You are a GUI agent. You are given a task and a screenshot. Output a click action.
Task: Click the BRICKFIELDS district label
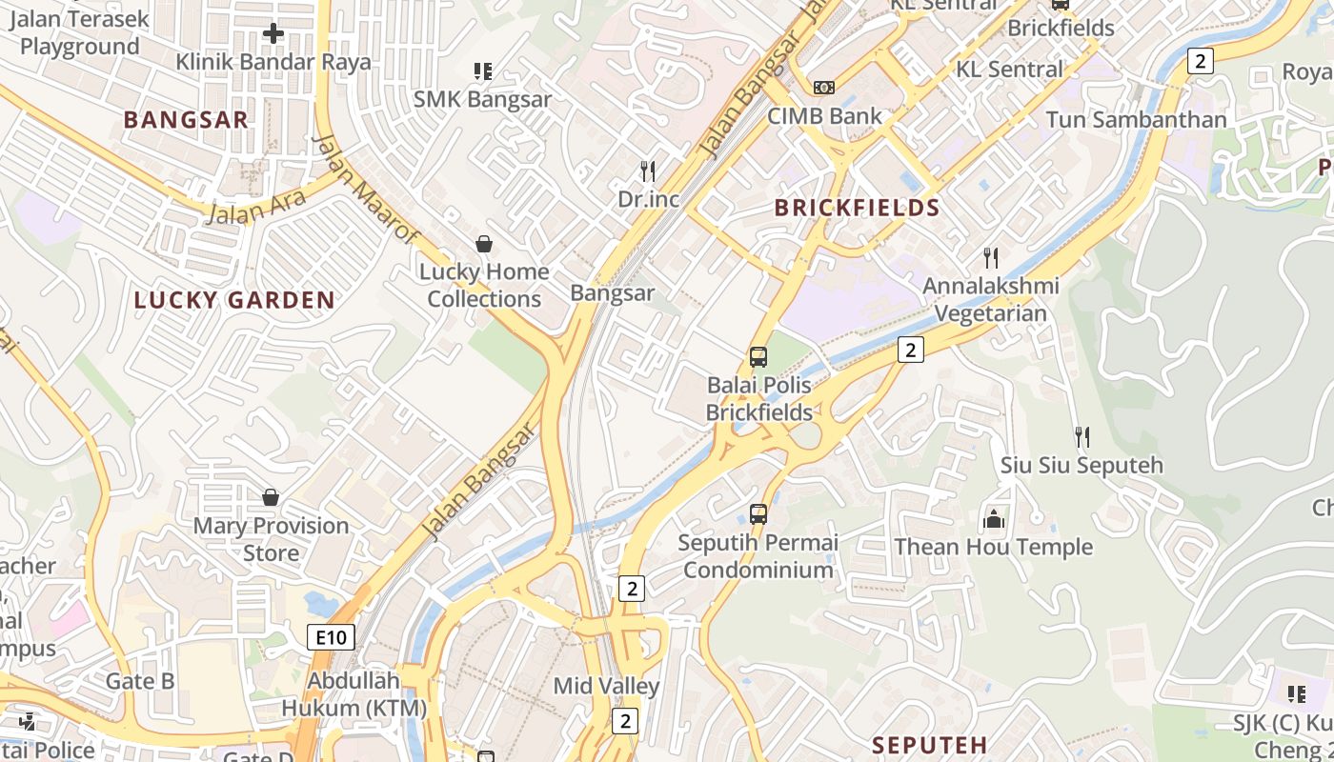857,208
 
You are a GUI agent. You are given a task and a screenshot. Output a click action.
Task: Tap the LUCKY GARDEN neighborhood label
234,300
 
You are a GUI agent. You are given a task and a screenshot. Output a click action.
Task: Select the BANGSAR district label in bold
186,119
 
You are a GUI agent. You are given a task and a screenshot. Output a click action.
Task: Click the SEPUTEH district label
929,744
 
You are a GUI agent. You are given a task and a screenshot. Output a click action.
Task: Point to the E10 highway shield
331,637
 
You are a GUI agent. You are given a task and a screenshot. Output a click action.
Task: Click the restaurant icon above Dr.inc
648,171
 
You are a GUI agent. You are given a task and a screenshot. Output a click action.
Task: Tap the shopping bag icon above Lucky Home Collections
484,244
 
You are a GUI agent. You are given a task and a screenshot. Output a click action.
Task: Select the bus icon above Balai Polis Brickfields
758,357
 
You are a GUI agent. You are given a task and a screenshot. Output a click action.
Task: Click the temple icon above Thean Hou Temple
994,519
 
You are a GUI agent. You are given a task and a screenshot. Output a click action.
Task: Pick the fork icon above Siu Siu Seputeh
1081,437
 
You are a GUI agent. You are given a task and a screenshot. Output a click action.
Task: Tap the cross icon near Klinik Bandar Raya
273,34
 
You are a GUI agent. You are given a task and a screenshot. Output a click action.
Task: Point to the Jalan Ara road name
256,207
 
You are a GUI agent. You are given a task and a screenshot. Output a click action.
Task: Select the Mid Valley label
606,686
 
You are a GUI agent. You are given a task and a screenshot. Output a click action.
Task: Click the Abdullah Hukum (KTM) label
354,694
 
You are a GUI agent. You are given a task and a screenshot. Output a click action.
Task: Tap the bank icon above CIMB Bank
823,88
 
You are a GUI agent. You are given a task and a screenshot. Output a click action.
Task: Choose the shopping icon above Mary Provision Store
271,497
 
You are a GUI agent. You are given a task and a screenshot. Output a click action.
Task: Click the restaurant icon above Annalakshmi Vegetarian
991,257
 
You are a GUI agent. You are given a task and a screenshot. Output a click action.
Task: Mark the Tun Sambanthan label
1136,119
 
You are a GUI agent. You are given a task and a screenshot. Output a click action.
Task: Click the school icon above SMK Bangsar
482,71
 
